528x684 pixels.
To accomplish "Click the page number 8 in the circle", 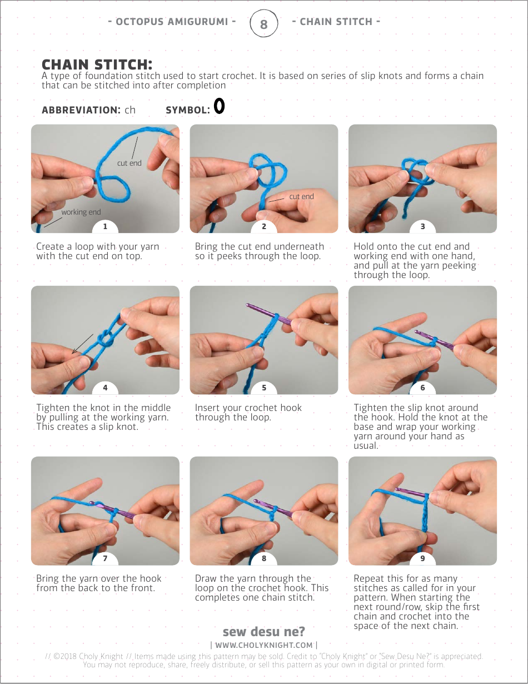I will [263, 24].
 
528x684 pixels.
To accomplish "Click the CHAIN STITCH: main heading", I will [97, 65].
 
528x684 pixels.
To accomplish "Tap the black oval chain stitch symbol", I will [219, 106].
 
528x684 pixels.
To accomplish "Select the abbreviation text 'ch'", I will [130, 110].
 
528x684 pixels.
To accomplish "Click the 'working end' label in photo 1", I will [81, 212].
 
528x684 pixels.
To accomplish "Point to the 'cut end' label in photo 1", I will [129, 163].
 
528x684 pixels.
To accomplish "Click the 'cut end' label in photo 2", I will [301, 196].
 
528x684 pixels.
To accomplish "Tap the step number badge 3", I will [422, 226].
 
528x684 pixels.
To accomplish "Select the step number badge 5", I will [264, 388].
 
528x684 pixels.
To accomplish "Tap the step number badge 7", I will [105, 558].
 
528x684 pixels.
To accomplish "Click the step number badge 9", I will [422, 558].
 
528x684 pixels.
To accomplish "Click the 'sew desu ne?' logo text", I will [263, 632].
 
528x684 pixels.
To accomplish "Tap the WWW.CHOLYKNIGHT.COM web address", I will [263, 645].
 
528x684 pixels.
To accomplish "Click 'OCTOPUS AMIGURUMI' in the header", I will [172, 22].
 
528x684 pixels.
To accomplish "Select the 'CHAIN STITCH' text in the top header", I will [336, 22].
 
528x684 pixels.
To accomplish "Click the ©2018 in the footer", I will [65, 656].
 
